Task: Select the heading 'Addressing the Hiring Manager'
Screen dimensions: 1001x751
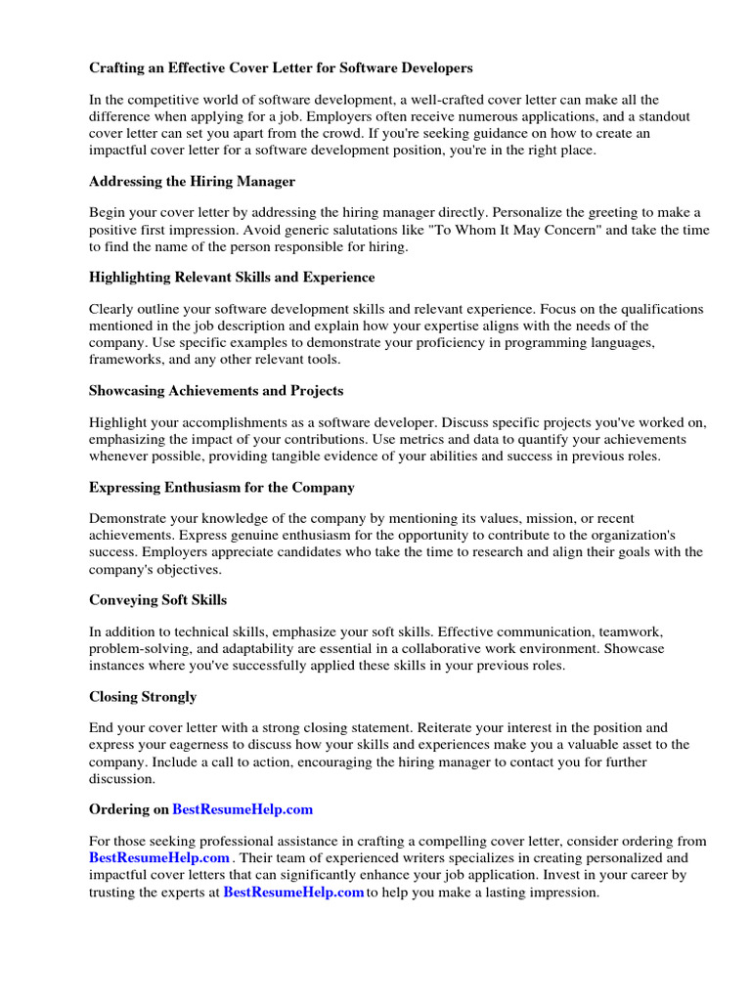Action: click(192, 182)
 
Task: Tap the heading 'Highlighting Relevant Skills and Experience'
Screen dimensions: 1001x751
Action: click(232, 278)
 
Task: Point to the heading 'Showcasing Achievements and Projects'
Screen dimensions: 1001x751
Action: click(216, 391)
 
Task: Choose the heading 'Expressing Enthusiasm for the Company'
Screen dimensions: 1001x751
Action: click(222, 487)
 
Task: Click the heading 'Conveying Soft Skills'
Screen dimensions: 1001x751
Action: click(157, 599)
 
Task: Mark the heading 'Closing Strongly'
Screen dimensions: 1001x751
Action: click(143, 697)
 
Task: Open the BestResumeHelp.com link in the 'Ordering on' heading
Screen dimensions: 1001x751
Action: click(243, 809)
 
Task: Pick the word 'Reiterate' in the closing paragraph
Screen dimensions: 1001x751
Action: click(451, 728)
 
